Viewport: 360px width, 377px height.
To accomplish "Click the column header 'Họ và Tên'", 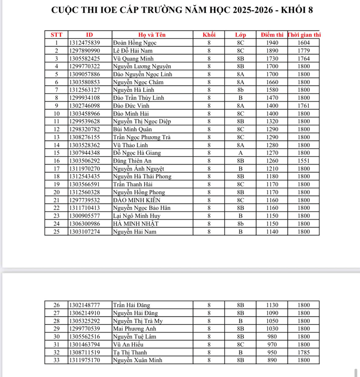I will [x=152, y=34].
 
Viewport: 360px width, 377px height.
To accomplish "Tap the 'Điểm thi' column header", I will [x=272, y=34].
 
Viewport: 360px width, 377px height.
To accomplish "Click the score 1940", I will [x=272, y=42].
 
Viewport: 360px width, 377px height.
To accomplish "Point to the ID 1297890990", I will [x=84, y=50].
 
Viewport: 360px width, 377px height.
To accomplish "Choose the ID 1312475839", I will [x=84, y=42].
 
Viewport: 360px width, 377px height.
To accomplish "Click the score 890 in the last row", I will [x=272, y=360].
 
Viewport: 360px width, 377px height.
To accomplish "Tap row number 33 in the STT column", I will [x=56, y=360].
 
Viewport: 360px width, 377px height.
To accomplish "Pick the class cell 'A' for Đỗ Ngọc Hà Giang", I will [x=241, y=153].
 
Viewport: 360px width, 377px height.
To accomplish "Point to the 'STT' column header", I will [x=56, y=34].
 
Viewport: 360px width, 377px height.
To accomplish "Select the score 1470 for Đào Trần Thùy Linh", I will [x=272, y=97].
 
